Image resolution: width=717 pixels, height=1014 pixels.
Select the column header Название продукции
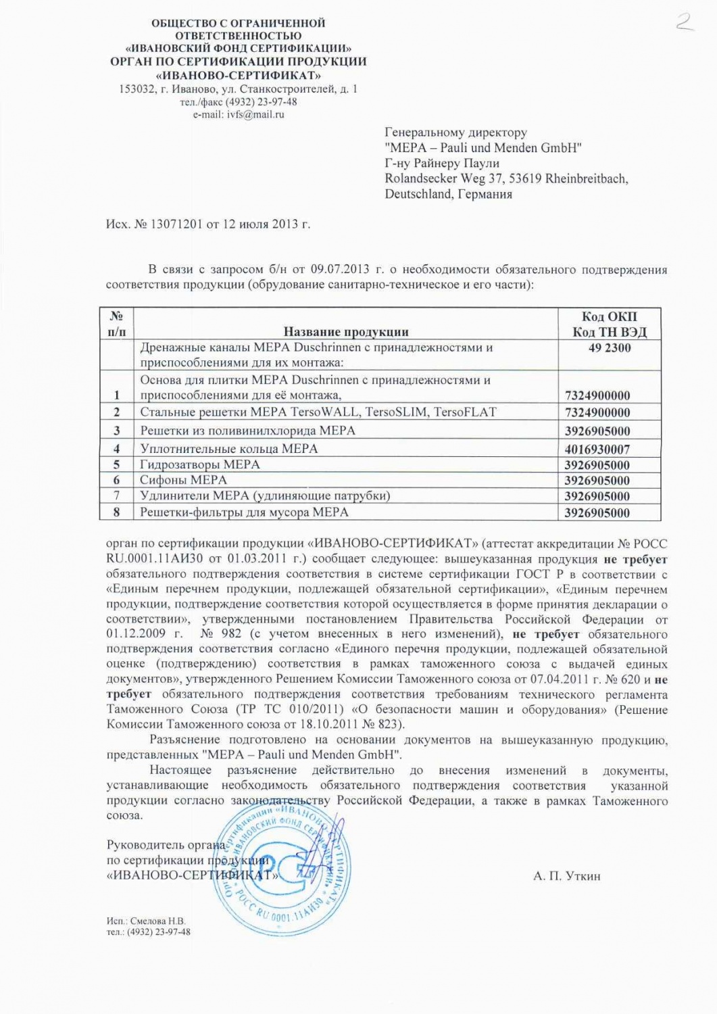(345, 331)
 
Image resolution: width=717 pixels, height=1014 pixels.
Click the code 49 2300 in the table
(609, 348)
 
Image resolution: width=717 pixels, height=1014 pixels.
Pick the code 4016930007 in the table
(597, 449)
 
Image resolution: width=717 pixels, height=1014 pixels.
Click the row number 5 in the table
(116, 464)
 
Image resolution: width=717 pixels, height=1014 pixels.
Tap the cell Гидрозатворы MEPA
(199, 464)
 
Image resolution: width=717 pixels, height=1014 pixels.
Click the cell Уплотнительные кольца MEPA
(228, 448)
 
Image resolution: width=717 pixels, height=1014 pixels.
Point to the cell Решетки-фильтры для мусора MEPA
(244, 512)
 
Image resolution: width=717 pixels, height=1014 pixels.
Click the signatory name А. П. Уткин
(566, 876)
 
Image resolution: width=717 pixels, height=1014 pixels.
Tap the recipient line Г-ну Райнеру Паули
(442, 164)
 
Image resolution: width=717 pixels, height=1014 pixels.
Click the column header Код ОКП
(609, 316)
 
